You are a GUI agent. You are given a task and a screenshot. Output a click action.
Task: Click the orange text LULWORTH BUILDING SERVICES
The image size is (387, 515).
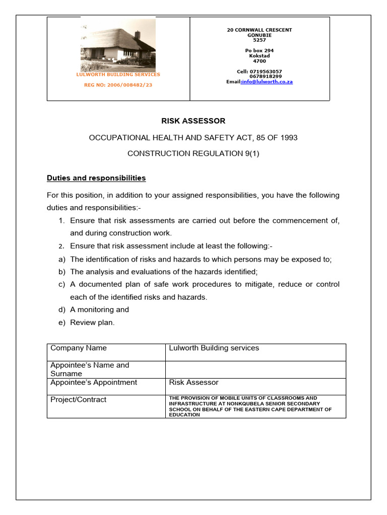click(118, 74)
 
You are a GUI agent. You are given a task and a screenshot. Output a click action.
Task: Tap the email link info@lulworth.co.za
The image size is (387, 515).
click(267, 81)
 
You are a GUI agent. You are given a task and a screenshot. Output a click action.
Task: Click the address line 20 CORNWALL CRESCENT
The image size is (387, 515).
click(260, 30)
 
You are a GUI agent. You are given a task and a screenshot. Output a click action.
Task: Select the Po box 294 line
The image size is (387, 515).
click(260, 51)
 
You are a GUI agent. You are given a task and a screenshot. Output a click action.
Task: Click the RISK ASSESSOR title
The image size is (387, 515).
click(193, 121)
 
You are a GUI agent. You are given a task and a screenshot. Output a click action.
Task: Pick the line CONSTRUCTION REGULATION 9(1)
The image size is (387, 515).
click(193, 153)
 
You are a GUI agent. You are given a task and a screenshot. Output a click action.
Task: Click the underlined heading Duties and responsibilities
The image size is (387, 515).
click(96, 178)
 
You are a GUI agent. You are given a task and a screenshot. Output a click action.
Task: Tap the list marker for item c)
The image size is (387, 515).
click(62, 285)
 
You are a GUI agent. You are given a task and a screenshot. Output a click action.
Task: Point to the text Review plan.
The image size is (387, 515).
click(92, 323)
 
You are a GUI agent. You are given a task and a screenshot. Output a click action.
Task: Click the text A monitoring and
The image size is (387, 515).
click(99, 310)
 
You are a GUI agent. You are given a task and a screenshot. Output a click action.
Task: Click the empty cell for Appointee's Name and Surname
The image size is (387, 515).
click(255, 369)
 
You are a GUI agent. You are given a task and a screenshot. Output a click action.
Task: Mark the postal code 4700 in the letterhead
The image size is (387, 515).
click(260, 61)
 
